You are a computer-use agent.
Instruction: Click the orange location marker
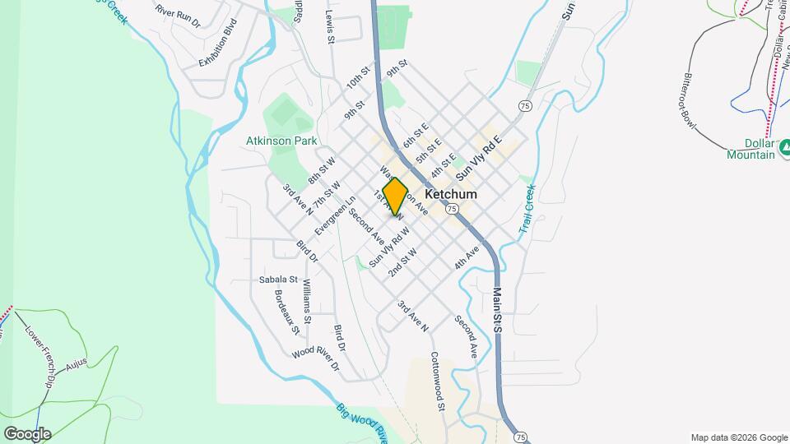pos(395,197)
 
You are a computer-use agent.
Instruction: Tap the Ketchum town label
pos(451,194)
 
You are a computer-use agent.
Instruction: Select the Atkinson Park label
pos(281,141)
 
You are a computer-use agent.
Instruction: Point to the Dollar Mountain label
pos(751,149)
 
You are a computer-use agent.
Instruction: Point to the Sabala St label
pos(277,278)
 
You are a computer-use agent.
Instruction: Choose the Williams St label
pos(306,300)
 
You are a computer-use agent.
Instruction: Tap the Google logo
pos(27,434)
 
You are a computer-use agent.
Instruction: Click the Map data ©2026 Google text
pos(738,437)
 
